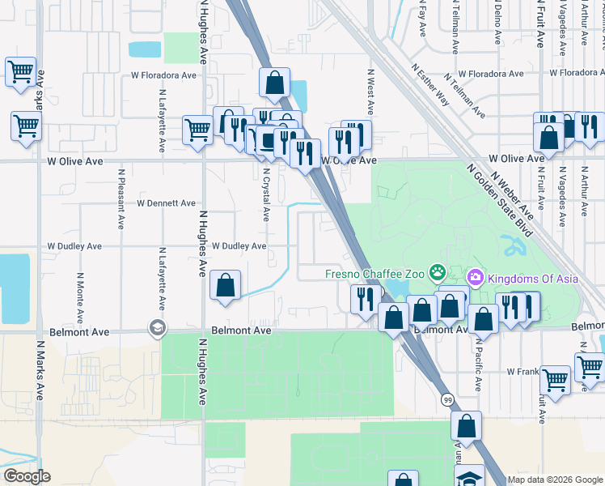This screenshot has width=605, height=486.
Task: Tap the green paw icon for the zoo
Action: pyautogui.click(x=438, y=271)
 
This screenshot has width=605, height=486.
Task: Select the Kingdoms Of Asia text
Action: pyautogui.click(x=521, y=279)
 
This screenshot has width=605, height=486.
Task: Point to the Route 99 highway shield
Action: pyautogui.click(x=446, y=399)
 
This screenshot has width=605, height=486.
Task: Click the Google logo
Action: pyautogui.click(x=27, y=476)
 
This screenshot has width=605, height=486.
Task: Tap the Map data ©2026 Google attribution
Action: pyautogui.click(x=555, y=480)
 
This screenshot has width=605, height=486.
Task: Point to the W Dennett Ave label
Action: pyautogui.click(x=166, y=202)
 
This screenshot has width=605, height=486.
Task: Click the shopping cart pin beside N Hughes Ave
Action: pyautogui.click(x=197, y=129)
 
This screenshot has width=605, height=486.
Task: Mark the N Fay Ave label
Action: pyautogui.click(x=422, y=21)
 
